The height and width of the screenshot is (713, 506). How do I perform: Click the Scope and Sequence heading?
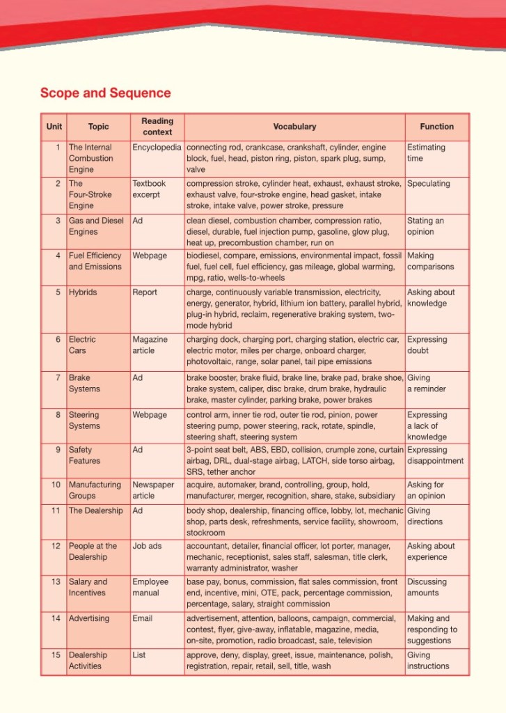click(105, 93)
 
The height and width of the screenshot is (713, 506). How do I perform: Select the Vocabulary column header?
click(294, 127)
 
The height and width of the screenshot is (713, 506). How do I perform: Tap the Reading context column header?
click(157, 126)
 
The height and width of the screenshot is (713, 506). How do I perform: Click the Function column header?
click(436, 127)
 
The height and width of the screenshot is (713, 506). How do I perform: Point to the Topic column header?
click(98, 127)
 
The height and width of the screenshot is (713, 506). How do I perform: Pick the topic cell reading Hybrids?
click(83, 292)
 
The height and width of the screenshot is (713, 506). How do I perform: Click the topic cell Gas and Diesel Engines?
click(95, 226)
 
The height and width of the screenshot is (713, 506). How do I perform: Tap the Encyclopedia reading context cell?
click(157, 148)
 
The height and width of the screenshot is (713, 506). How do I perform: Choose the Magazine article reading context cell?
click(150, 345)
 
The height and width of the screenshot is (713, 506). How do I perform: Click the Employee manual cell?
click(150, 587)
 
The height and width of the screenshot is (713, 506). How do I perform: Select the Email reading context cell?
click(142, 618)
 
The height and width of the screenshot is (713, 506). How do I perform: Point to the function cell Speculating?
click(428, 184)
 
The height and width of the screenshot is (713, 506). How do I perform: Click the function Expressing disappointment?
click(435, 455)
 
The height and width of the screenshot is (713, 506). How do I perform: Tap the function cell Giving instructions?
click(428, 660)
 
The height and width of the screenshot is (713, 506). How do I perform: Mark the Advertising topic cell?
click(89, 618)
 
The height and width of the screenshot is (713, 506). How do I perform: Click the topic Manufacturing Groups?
click(94, 490)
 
